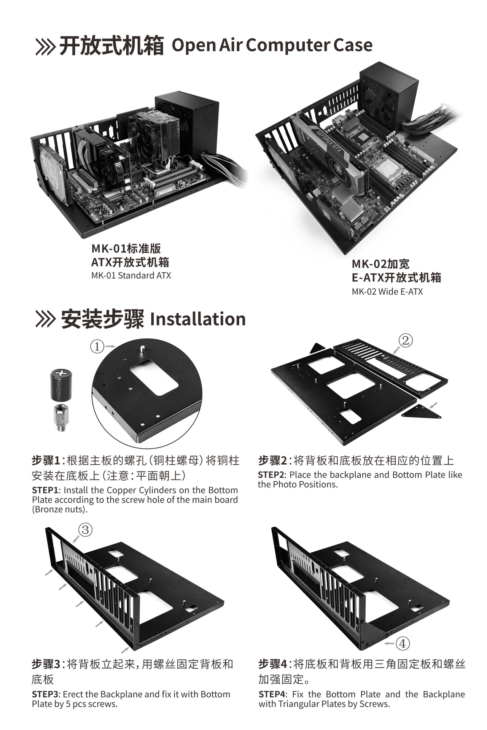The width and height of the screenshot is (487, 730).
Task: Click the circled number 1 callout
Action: click(97, 346)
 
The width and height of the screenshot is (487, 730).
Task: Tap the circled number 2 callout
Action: click(406, 340)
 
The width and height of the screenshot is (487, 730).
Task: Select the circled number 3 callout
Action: click(85, 530)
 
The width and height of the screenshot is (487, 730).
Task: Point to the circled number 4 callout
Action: click(403, 643)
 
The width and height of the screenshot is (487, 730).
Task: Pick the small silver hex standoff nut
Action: click(60, 417)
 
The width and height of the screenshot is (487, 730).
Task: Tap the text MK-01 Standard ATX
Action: click(131, 275)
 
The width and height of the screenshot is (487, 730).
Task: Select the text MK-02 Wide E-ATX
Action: click(387, 292)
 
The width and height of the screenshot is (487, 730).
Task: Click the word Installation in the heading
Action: click(198, 319)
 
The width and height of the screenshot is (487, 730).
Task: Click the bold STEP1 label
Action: click(45, 490)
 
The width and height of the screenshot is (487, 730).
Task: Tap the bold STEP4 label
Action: click(272, 694)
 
